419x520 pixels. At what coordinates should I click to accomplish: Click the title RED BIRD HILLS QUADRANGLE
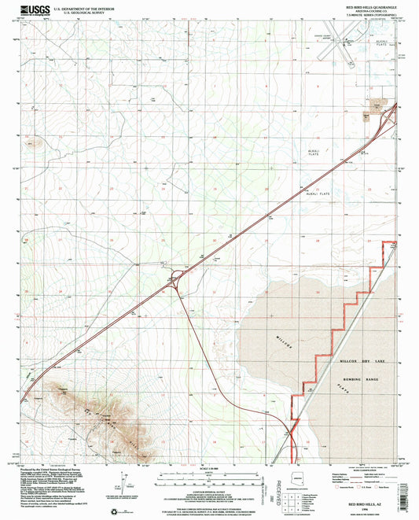click(x=367, y=6)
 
